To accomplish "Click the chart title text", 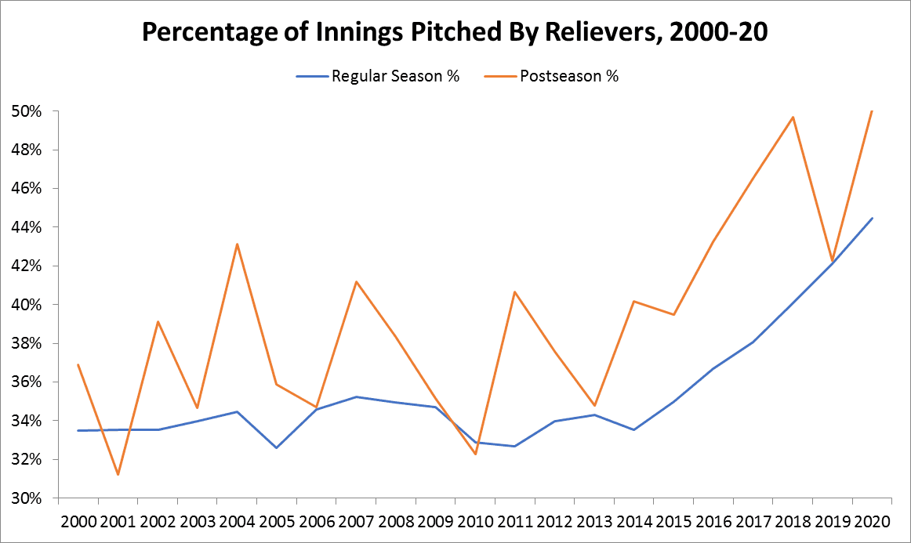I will (455, 33).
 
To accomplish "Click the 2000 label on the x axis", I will (78, 521).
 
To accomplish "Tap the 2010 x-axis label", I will (475, 521).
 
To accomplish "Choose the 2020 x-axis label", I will (872, 521).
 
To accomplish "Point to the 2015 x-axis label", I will (673, 521).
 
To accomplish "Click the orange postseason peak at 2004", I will (237, 244).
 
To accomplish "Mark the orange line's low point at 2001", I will (118, 475).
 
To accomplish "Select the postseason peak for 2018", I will (793, 117).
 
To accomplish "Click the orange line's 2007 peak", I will (356, 281).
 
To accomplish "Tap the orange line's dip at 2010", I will (475, 454).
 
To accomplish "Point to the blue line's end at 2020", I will (873, 218).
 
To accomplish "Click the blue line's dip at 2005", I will (276, 447).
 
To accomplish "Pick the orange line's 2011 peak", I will (515, 291).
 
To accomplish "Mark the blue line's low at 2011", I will (515, 446).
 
